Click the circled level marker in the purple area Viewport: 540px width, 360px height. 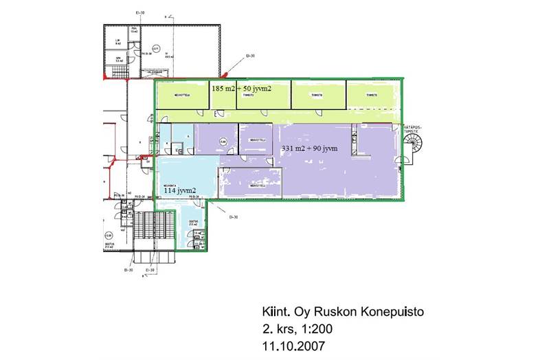tap(221, 142)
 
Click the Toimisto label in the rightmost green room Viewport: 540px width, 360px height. tap(372, 95)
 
